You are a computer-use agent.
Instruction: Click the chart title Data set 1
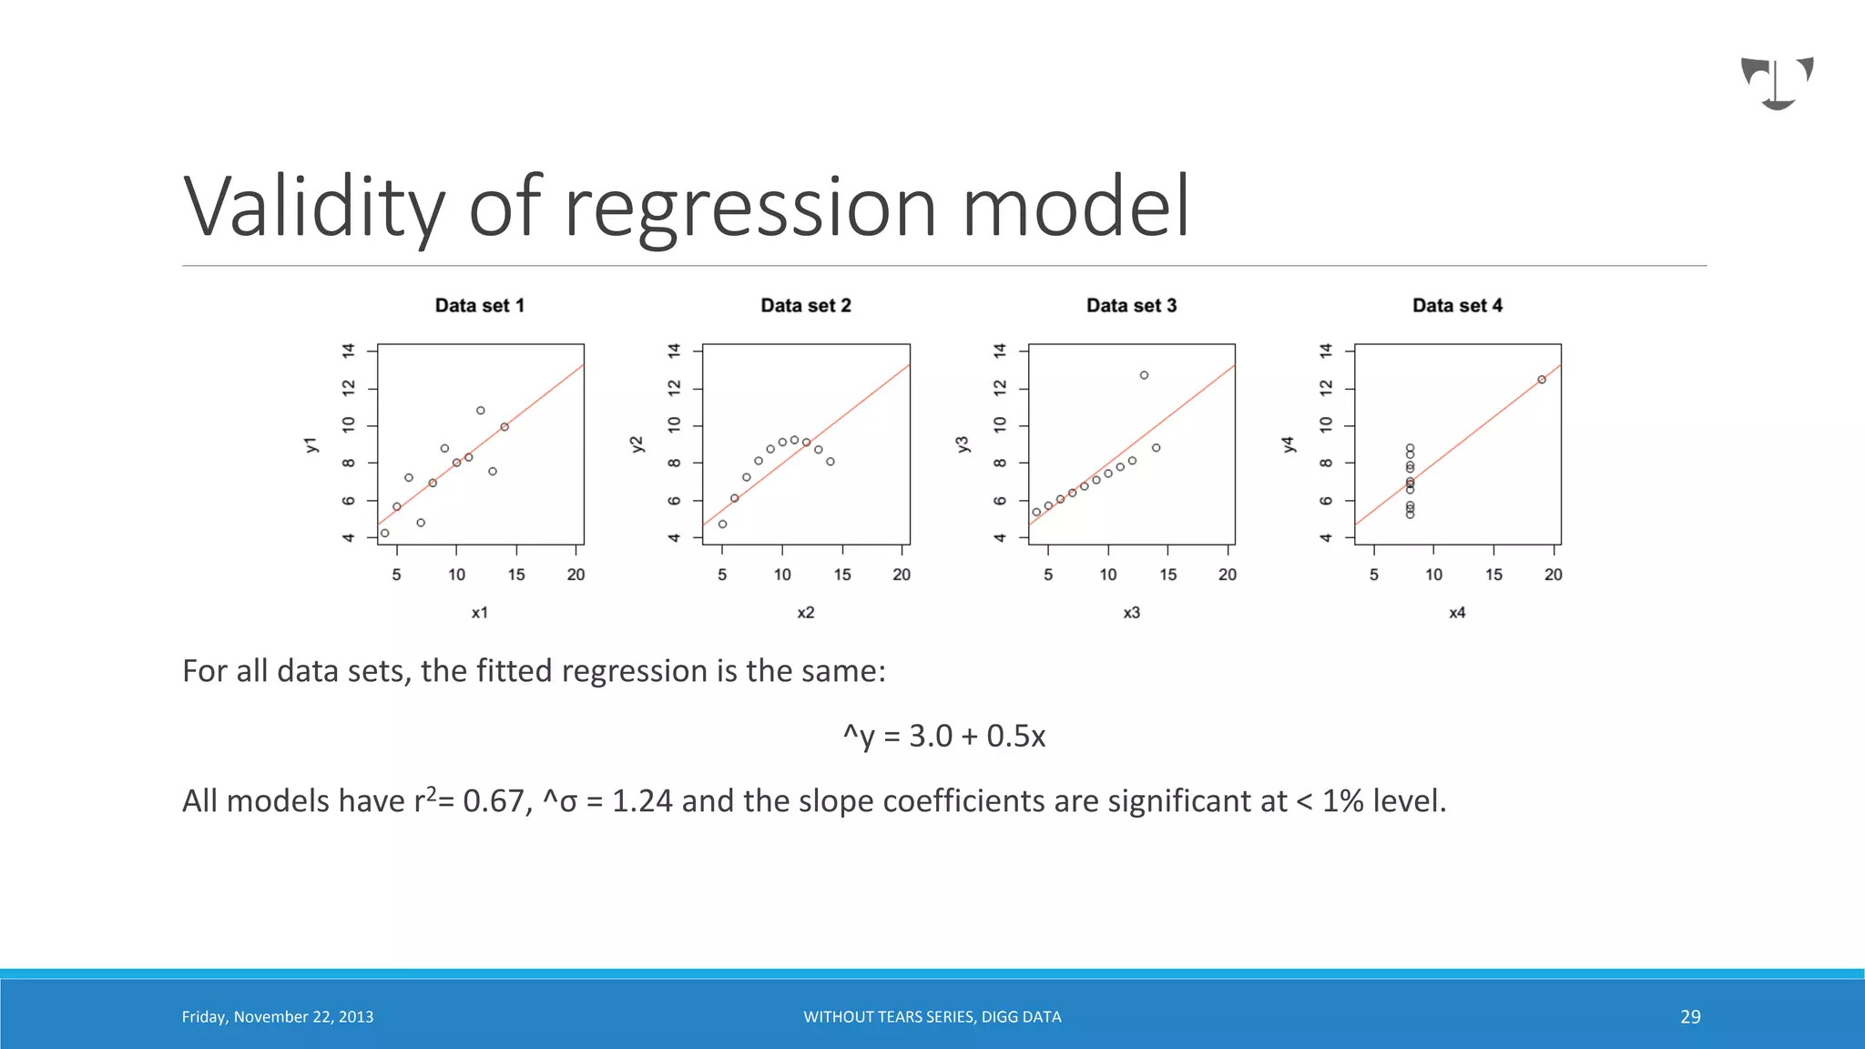click(x=480, y=306)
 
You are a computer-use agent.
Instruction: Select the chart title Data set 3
click(x=1131, y=306)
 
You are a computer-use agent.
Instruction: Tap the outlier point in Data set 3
click(x=1144, y=375)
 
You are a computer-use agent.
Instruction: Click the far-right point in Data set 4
click(x=1542, y=380)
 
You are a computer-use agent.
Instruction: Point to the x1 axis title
click(x=480, y=613)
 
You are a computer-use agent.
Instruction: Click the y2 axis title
click(x=637, y=444)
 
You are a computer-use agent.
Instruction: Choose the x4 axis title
click(x=1457, y=613)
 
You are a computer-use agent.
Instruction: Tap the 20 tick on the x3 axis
click(x=1228, y=575)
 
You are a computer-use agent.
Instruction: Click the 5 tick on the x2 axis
click(x=722, y=575)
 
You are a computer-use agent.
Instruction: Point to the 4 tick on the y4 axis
click(x=1326, y=538)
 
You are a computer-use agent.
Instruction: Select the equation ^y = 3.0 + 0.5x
click(x=944, y=736)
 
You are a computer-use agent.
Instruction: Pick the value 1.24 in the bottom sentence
click(x=642, y=801)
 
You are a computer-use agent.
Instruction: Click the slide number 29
click(x=1690, y=1017)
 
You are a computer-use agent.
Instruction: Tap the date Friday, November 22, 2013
click(x=278, y=1017)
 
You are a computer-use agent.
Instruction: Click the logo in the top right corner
click(x=1778, y=83)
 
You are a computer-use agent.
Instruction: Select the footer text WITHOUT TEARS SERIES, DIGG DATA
click(x=932, y=1017)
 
